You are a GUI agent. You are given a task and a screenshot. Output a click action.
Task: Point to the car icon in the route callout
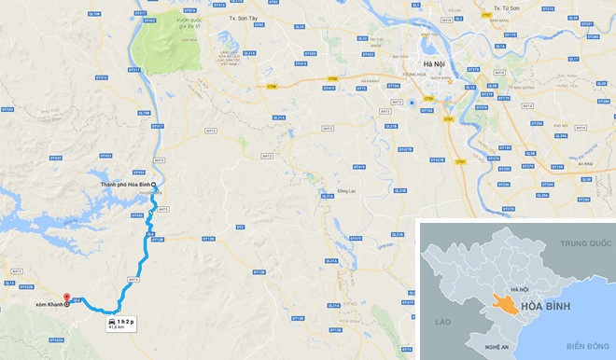pyautogui.click(x=112, y=321)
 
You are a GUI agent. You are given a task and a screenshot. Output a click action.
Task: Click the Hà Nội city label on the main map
pyautogui.click(x=435, y=64)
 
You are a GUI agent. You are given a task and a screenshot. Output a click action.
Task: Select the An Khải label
pyautogui.click(x=586, y=163)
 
